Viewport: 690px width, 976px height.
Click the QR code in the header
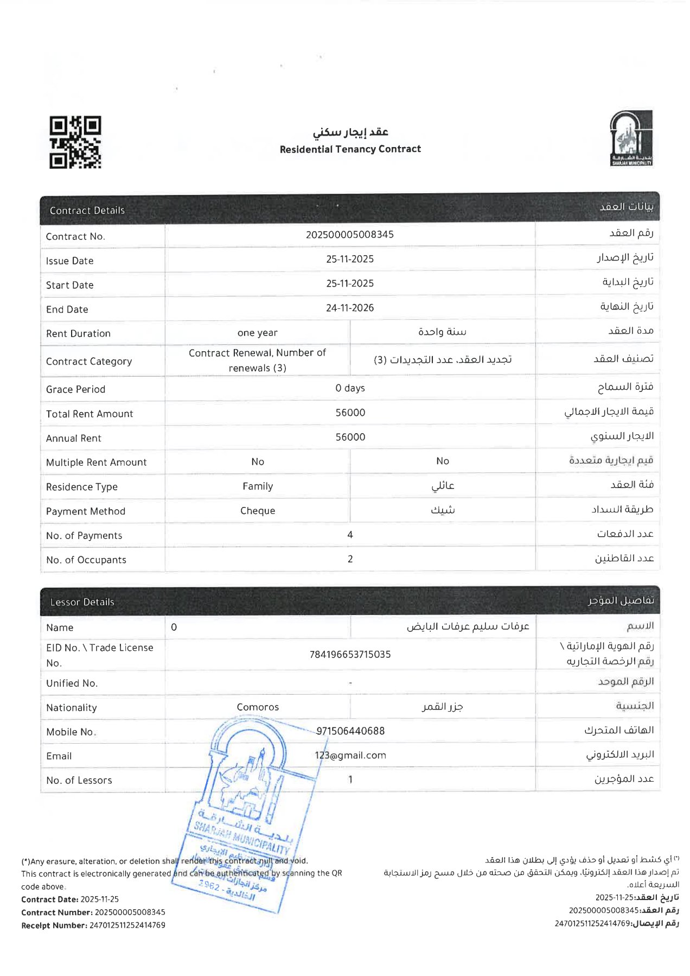coord(75,142)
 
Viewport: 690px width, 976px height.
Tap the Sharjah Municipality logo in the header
coord(631,138)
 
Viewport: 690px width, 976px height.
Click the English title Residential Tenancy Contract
coord(350,149)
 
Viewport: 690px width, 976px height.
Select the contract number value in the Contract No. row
coord(350,235)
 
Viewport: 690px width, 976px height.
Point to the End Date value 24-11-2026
coord(350,308)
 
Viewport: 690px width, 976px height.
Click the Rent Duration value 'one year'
coord(257,333)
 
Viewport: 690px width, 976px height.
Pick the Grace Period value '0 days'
coord(350,388)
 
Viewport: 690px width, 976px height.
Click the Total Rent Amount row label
coord(90,414)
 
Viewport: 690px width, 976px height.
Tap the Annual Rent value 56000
coord(350,437)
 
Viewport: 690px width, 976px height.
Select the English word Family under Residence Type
coord(258,486)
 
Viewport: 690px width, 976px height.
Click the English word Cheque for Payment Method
coord(258,511)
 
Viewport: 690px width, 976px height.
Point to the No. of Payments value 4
coord(350,535)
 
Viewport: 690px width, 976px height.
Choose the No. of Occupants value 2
coord(350,559)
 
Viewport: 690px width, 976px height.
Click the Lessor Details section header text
coord(82,602)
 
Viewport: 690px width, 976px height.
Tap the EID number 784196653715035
coord(350,655)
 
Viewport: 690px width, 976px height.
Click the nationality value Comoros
coord(258,707)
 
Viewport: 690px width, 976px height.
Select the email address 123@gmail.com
coord(350,755)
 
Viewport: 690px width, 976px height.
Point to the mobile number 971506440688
coord(350,731)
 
